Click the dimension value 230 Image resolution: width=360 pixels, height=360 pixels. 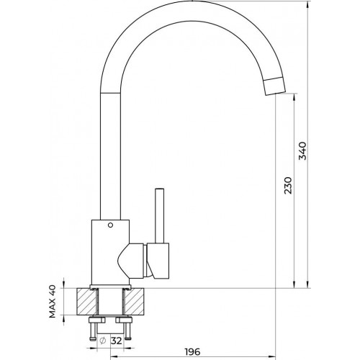[288, 186]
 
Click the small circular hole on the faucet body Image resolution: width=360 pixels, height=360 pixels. [110, 225]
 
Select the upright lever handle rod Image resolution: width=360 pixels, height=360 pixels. [158, 215]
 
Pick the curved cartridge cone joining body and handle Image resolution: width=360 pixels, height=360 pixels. [133, 261]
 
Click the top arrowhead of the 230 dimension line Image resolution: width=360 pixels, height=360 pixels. [294, 97]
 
